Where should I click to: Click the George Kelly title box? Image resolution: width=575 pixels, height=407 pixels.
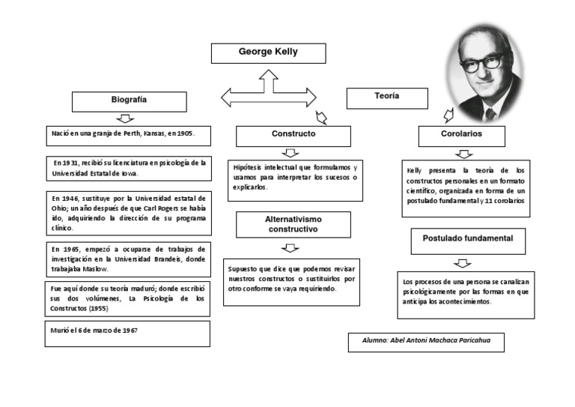268,54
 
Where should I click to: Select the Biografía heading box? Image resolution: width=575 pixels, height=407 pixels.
129,101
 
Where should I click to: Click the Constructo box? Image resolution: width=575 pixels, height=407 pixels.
293,136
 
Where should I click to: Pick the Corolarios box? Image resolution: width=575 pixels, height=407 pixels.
461,136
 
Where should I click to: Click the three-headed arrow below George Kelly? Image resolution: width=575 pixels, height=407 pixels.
269,94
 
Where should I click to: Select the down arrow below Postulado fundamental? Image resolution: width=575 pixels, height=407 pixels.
463,263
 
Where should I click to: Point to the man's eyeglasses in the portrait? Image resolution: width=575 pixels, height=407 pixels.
486,64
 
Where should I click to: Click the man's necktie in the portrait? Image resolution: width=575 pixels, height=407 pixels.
490,114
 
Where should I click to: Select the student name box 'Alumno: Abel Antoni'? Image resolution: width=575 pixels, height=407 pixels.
425,342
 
